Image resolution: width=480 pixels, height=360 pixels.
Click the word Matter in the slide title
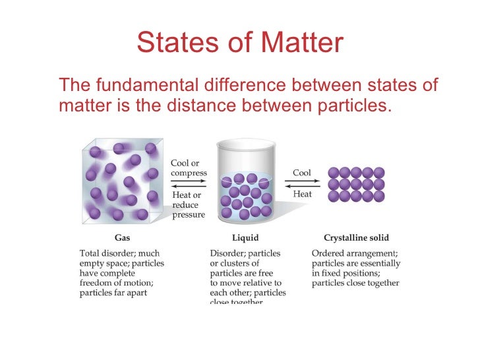(x=303, y=43)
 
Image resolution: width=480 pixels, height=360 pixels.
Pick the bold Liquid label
(x=245, y=237)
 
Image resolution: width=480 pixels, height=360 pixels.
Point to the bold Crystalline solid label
(x=356, y=237)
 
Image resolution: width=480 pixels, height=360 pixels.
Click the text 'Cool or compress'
(x=189, y=168)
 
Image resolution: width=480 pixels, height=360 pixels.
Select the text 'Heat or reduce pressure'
(x=188, y=204)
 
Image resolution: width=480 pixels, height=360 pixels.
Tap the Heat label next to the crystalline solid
(x=303, y=195)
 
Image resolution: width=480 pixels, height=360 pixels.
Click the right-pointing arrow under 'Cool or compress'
(x=189, y=181)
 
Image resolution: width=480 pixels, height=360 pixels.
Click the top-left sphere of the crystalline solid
(x=334, y=173)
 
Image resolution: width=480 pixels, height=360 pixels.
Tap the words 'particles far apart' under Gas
(x=113, y=293)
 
